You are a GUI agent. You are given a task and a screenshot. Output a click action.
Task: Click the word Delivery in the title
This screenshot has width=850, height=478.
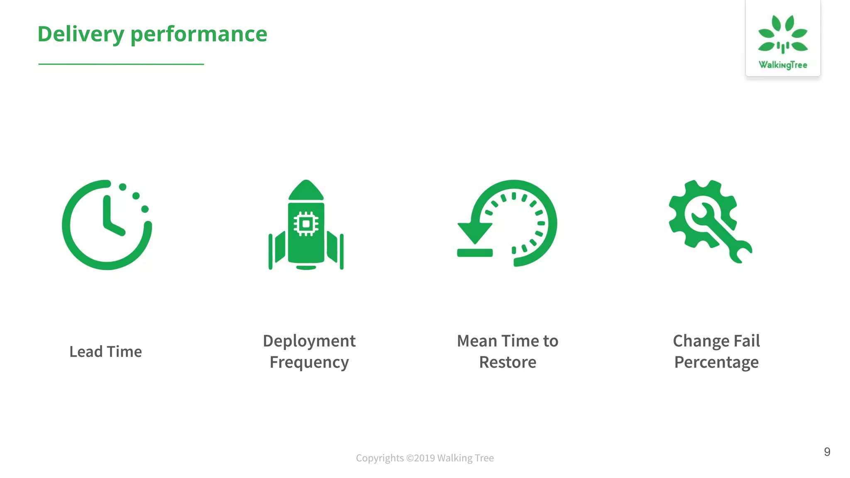[81, 34]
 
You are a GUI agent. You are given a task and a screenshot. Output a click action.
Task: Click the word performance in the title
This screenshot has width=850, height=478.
[199, 34]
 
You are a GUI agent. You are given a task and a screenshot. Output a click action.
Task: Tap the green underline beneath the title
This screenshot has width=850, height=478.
[121, 64]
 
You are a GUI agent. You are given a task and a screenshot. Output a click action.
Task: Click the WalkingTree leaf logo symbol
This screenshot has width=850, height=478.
[783, 35]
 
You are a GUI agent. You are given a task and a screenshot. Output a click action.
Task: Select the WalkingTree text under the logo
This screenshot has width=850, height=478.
[783, 65]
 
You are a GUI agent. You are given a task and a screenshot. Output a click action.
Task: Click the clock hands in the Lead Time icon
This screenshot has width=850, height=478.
[109, 218]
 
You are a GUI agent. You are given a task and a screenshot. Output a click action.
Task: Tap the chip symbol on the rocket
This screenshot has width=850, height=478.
[306, 224]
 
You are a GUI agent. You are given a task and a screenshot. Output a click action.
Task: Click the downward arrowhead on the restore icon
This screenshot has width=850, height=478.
[475, 232]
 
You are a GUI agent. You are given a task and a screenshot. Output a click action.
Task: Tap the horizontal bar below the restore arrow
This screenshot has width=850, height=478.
[475, 252]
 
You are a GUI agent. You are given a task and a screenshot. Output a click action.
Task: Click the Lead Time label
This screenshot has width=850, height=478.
[105, 352]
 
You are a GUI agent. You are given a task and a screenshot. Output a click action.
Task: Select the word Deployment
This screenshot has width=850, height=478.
[309, 341]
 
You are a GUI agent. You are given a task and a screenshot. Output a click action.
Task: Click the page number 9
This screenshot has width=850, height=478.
[827, 452]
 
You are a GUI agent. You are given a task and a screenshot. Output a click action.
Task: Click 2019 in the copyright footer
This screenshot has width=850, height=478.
[424, 458]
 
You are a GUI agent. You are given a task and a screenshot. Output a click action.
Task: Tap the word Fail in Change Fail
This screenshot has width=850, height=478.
[747, 341]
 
